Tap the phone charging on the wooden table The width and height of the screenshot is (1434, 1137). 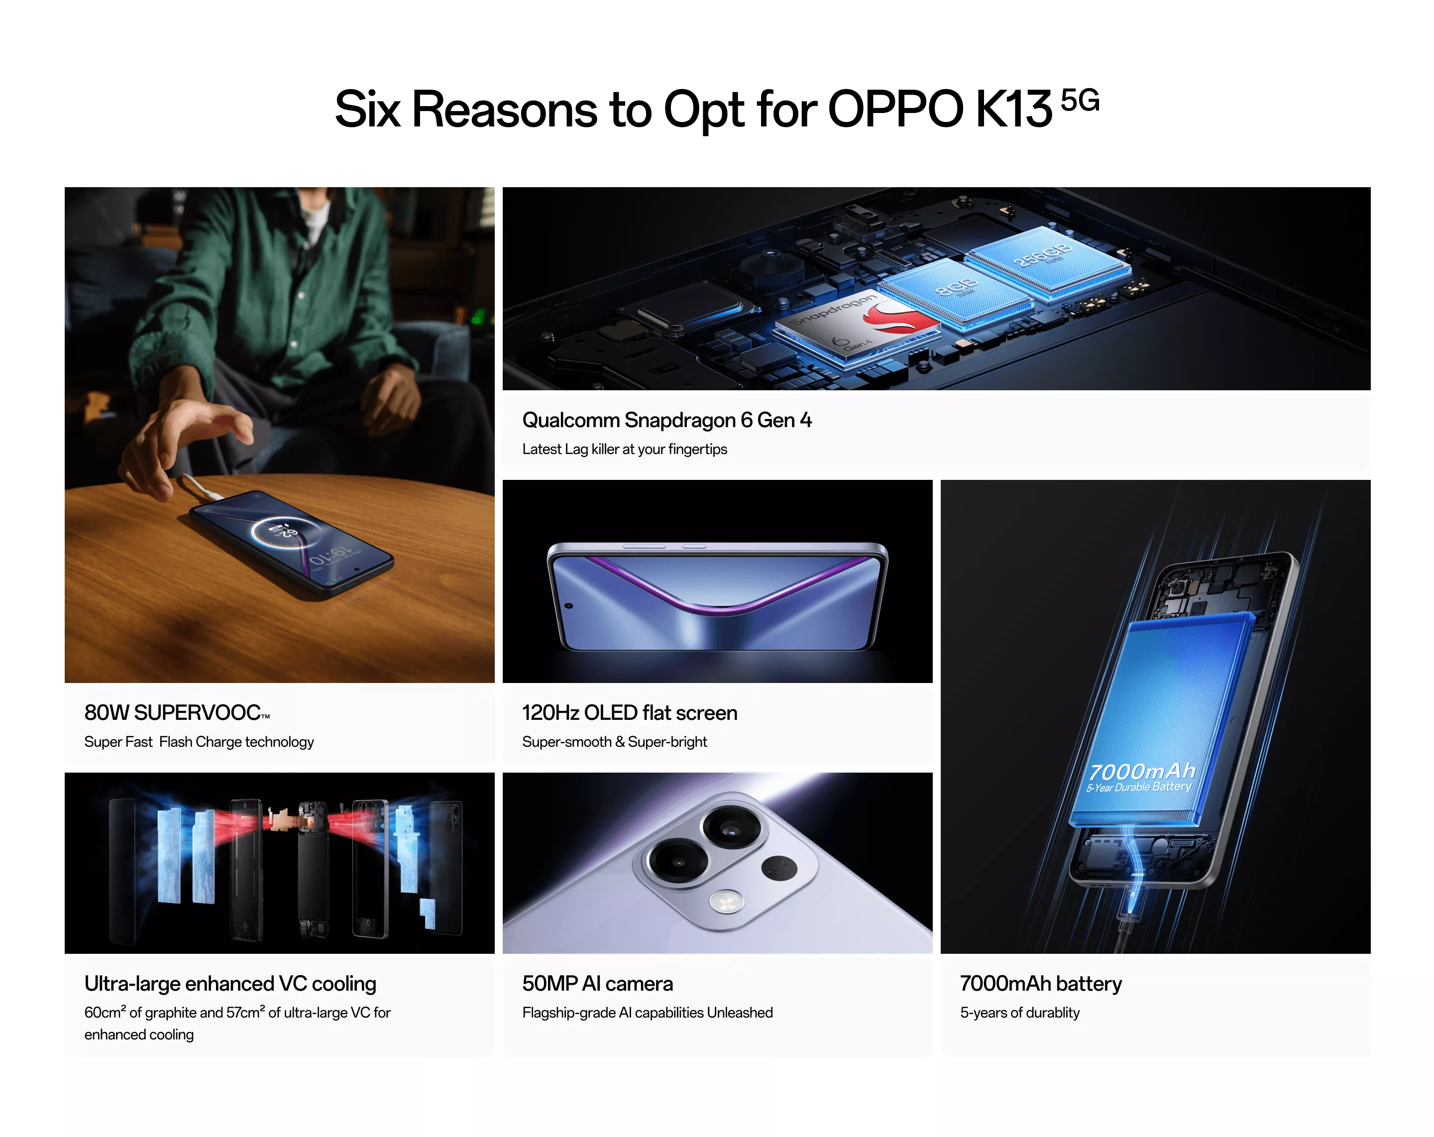pyautogui.click(x=291, y=543)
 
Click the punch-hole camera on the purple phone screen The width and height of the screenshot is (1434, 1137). pyautogui.click(x=569, y=606)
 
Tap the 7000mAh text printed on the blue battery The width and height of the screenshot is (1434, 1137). pyautogui.click(x=1142, y=771)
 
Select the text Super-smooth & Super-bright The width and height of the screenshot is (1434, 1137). pyautogui.click(x=615, y=742)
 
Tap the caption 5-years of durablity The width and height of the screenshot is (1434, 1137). pyautogui.click(x=1020, y=1013)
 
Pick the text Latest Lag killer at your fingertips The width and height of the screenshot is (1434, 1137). pyautogui.click(x=625, y=449)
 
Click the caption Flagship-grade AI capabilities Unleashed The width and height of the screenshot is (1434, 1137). pyautogui.click(x=647, y=1013)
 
